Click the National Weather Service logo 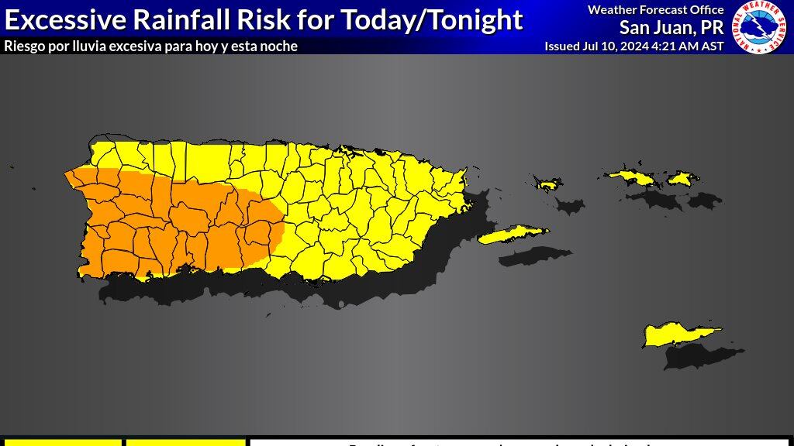tap(762, 27)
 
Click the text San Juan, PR tap(671, 27)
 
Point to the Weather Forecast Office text tap(655, 10)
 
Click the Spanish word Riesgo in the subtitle tap(23, 46)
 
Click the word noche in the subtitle tap(279, 46)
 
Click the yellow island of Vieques tap(512, 234)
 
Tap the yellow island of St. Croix tap(678, 335)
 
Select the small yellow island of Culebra tap(548, 184)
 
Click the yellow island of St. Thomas tap(632, 177)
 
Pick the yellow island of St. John tap(680, 179)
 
